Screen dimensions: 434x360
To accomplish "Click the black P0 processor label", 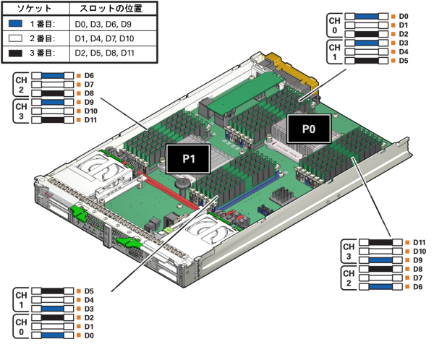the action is click(309, 129).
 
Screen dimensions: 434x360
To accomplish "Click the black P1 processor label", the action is click(188, 159).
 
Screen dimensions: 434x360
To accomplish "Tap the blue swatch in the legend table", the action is click(15, 24).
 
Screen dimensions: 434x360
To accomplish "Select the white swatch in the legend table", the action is click(15, 38).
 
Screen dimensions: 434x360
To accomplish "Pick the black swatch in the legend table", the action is click(15, 53).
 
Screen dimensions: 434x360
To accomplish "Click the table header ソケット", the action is click(34, 9).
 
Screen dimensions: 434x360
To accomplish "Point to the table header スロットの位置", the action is click(111, 9).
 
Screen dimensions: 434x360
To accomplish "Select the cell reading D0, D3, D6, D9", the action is click(103, 25).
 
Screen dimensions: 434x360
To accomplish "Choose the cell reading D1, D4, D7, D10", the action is click(104, 38).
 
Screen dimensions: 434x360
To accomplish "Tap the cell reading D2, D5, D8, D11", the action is click(104, 53).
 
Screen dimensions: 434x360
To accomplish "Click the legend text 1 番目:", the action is click(43, 24).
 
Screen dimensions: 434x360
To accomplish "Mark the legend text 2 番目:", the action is click(43, 38).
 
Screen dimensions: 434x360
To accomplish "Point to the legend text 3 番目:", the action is click(43, 53).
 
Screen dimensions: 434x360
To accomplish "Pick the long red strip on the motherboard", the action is click(169, 191).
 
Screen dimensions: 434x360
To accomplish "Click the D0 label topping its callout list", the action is click(404, 17).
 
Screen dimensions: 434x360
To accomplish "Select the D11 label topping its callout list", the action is click(420, 243).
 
